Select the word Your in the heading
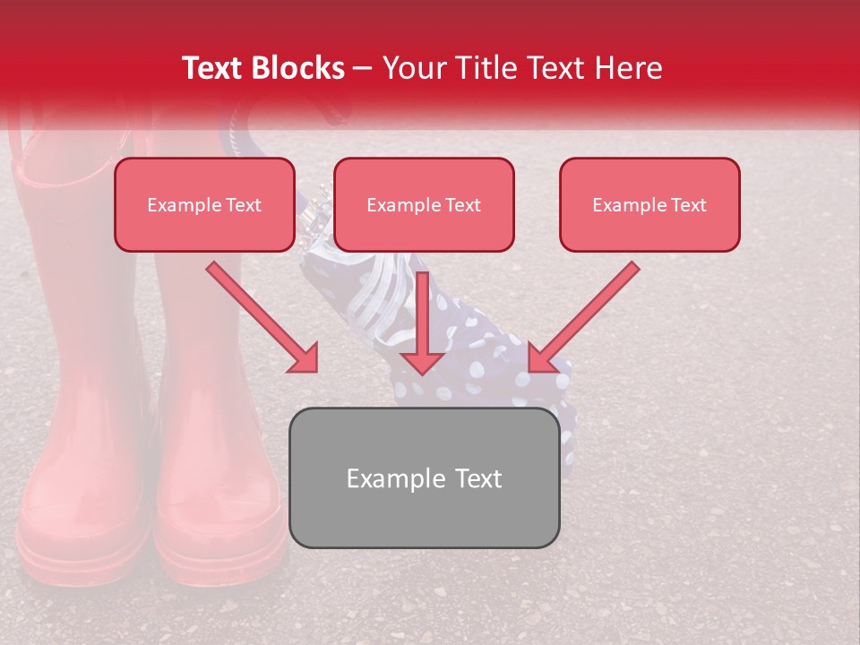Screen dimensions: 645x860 pos(408,68)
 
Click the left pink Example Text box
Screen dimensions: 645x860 pos(204,204)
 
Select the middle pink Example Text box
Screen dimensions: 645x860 pos(424,204)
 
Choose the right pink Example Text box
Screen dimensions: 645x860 pos(649,204)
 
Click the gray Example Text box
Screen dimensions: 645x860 pos(424,477)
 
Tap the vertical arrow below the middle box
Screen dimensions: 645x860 pos(423,322)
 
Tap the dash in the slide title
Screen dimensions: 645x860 pos(363,68)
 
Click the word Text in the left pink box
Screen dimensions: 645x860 pos(242,204)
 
